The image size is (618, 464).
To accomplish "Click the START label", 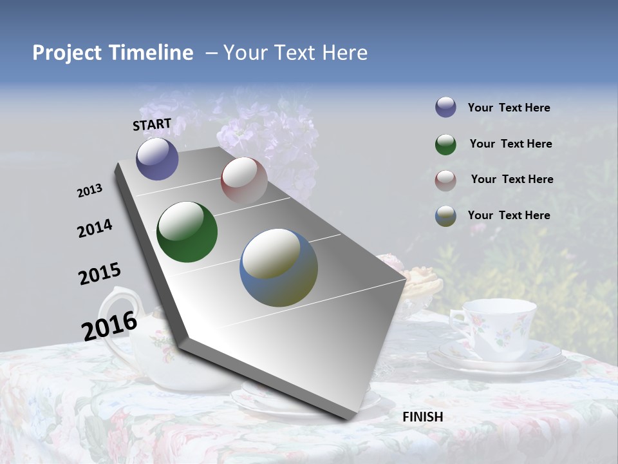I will click(x=152, y=124).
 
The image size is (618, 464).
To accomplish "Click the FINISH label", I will click(x=422, y=417).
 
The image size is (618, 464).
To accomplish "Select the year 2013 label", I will click(x=90, y=191).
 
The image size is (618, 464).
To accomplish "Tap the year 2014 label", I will click(x=95, y=228).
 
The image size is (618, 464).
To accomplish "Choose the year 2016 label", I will click(x=109, y=325).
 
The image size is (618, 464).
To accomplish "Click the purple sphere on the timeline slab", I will click(x=157, y=159).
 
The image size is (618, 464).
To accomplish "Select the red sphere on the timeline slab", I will click(x=244, y=180).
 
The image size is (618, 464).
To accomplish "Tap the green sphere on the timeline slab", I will click(x=187, y=232).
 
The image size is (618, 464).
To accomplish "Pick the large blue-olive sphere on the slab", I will click(x=279, y=267).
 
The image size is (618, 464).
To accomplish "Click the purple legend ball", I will click(x=445, y=107).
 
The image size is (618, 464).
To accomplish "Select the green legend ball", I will click(x=445, y=144).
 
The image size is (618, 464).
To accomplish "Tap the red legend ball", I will click(x=445, y=180).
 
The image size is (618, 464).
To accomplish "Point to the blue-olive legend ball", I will click(x=445, y=216).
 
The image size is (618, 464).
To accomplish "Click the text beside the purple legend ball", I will click(x=509, y=108).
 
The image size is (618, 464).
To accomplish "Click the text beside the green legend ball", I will click(x=510, y=144).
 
